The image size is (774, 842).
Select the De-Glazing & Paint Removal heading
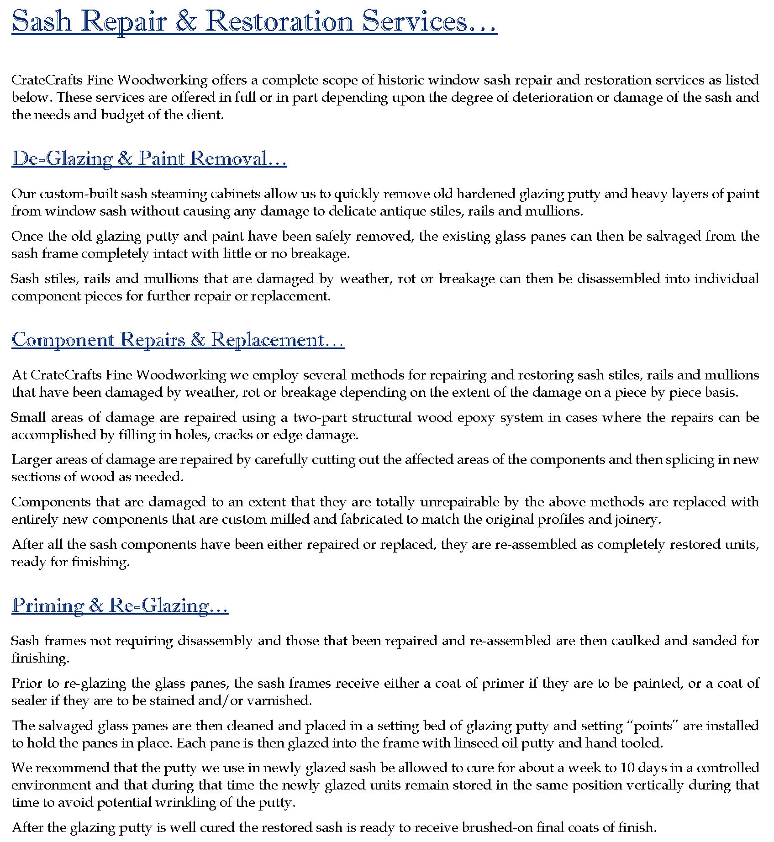(149, 158)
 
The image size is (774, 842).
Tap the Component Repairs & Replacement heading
(178, 340)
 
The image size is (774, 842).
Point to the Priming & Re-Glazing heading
(120, 605)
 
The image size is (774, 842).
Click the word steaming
(179, 194)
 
